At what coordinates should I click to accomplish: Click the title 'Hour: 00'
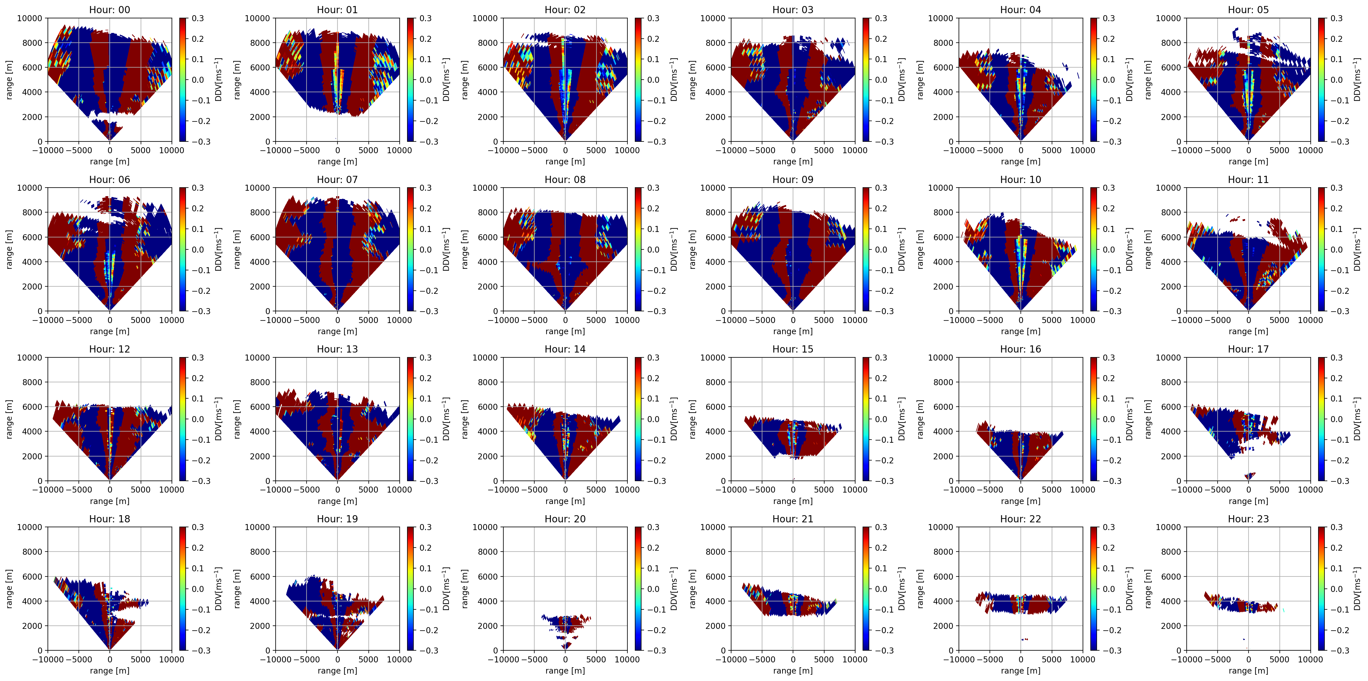(109, 9)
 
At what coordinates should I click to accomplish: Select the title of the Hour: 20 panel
(565, 519)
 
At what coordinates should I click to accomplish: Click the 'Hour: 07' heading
(337, 179)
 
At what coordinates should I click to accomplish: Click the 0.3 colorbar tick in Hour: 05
(1337, 18)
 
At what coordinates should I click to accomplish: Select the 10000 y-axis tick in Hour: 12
(30, 357)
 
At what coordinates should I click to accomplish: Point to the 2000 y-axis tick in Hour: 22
(943, 626)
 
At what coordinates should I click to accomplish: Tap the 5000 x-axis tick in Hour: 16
(1051, 489)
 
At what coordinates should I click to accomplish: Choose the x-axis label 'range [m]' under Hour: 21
(793, 670)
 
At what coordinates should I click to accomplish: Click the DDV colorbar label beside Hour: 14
(673, 419)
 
